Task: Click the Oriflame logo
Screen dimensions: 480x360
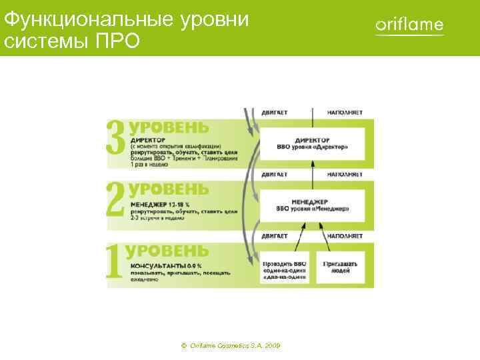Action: tap(409, 26)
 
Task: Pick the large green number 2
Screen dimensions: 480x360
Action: tap(116, 198)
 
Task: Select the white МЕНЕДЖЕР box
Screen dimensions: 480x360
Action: tap(313, 204)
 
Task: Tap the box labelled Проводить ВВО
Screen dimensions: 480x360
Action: tap(285, 267)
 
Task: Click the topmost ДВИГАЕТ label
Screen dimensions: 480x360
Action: tap(275, 113)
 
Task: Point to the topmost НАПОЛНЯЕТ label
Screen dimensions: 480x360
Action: tap(345, 113)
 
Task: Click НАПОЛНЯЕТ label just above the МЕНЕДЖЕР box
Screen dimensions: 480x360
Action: tap(345, 174)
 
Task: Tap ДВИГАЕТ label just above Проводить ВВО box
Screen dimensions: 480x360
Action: tap(275, 235)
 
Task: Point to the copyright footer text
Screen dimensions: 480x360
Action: tap(230, 346)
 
